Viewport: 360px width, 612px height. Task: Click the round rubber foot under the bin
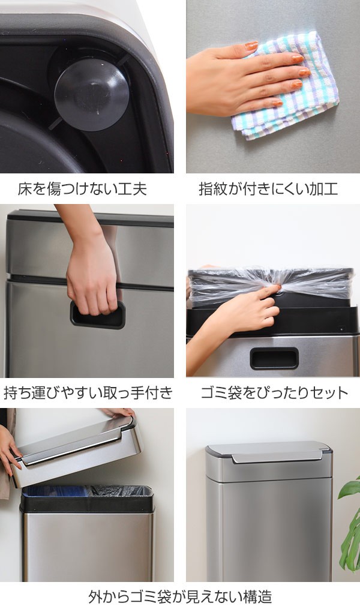[x=92, y=95]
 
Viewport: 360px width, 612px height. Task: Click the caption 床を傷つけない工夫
[x=82, y=189]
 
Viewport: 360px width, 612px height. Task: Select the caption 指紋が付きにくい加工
[x=268, y=189]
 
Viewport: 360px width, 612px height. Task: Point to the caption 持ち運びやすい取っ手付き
[x=88, y=392]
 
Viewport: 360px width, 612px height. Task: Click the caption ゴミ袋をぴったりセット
[x=274, y=392]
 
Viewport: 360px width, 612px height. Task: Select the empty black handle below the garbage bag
[x=274, y=359]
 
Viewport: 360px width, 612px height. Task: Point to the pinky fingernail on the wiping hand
[x=278, y=103]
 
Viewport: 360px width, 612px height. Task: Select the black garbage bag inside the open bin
[x=121, y=491]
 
